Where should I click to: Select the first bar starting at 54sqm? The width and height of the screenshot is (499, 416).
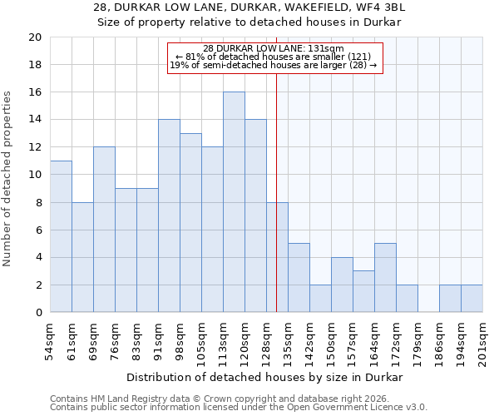pyautogui.click(x=61, y=236)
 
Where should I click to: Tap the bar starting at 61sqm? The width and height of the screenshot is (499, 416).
pyautogui.click(x=82, y=257)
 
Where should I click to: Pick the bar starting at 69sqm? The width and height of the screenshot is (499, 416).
pyautogui.click(x=104, y=230)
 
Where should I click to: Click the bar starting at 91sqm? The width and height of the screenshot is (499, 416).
pyautogui.click(x=169, y=215)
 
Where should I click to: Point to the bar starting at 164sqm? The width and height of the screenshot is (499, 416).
pyautogui.click(x=385, y=278)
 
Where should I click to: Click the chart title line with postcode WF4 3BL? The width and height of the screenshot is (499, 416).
pyautogui.click(x=249, y=7)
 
